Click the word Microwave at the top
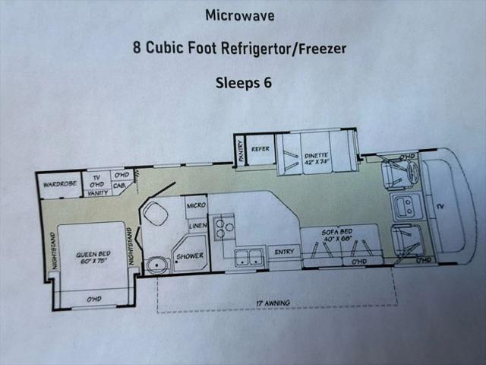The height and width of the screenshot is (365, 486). pyautogui.click(x=240, y=15)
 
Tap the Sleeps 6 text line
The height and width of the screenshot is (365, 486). pyautogui.click(x=244, y=83)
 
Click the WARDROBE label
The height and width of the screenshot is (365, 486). pyautogui.click(x=60, y=184)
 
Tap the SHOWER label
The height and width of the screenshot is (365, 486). pyautogui.click(x=190, y=256)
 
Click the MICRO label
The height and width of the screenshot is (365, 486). pyautogui.click(x=196, y=205)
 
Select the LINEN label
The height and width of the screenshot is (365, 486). pyautogui.click(x=197, y=226)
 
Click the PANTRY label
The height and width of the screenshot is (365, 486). pyautogui.click(x=241, y=151)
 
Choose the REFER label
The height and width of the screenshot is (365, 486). pyautogui.click(x=260, y=149)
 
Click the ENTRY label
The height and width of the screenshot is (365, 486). pyautogui.click(x=284, y=252)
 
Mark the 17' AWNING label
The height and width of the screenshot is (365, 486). pyautogui.click(x=273, y=303)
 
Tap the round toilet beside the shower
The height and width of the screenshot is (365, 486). pyautogui.click(x=157, y=265)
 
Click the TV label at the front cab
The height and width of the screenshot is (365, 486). pyautogui.click(x=440, y=206)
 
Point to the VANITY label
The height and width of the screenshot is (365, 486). pyautogui.click(x=98, y=193)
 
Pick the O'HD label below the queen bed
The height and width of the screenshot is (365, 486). pyautogui.click(x=93, y=300)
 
